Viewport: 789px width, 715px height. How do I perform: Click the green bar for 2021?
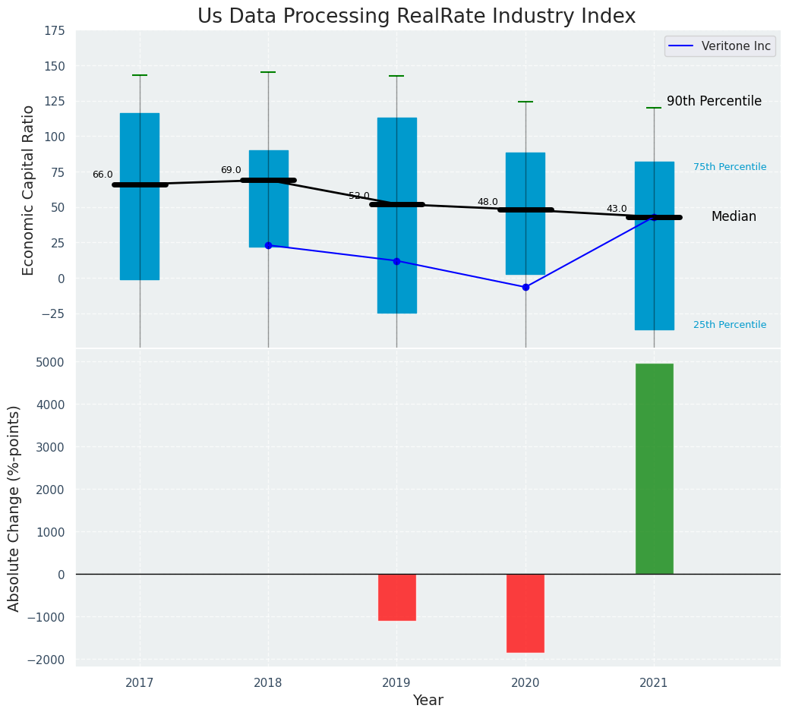click(x=654, y=468)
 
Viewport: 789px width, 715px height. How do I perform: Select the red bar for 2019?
click(x=396, y=597)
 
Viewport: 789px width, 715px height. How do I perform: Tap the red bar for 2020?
click(x=525, y=613)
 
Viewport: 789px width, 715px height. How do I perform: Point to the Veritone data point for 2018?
click(x=268, y=245)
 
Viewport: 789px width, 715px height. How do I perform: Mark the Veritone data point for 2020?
click(x=525, y=287)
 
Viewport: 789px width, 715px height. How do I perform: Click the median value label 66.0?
click(x=103, y=175)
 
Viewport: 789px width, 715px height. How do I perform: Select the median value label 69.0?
click(x=231, y=170)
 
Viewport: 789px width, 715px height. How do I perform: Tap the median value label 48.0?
click(x=488, y=202)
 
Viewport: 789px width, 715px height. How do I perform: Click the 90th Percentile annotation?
click(x=714, y=101)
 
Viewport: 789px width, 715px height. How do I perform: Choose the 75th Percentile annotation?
click(x=730, y=167)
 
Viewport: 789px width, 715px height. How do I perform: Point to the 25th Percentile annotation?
click(x=730, y=325)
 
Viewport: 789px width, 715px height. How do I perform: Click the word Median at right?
click(x=734, y=216)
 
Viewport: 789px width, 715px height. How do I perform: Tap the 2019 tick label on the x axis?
click(x=396, y=683)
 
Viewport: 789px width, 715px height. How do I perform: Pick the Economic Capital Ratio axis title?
click(x=29, y=190)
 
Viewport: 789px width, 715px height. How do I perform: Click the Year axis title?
click(x=428, y=701)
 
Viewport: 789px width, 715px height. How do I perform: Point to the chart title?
click(x=416, y=16)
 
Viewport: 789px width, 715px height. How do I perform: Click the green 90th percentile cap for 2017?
click(x=140, y=75)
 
